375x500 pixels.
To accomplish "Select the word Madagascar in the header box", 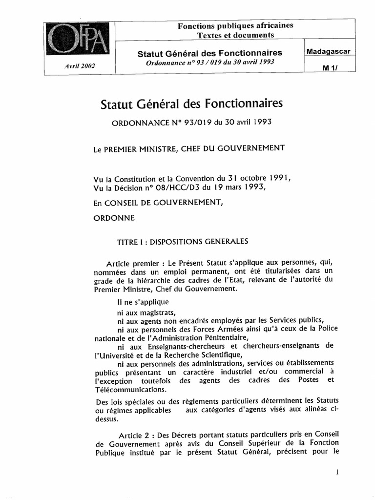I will coord(328,51).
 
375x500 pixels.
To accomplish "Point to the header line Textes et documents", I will coord(235,35).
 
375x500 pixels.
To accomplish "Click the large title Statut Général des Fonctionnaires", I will coord(191,104).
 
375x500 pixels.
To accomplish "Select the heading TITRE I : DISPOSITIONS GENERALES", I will coord(183,241).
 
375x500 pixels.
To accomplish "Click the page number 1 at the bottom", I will coord(337,472).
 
